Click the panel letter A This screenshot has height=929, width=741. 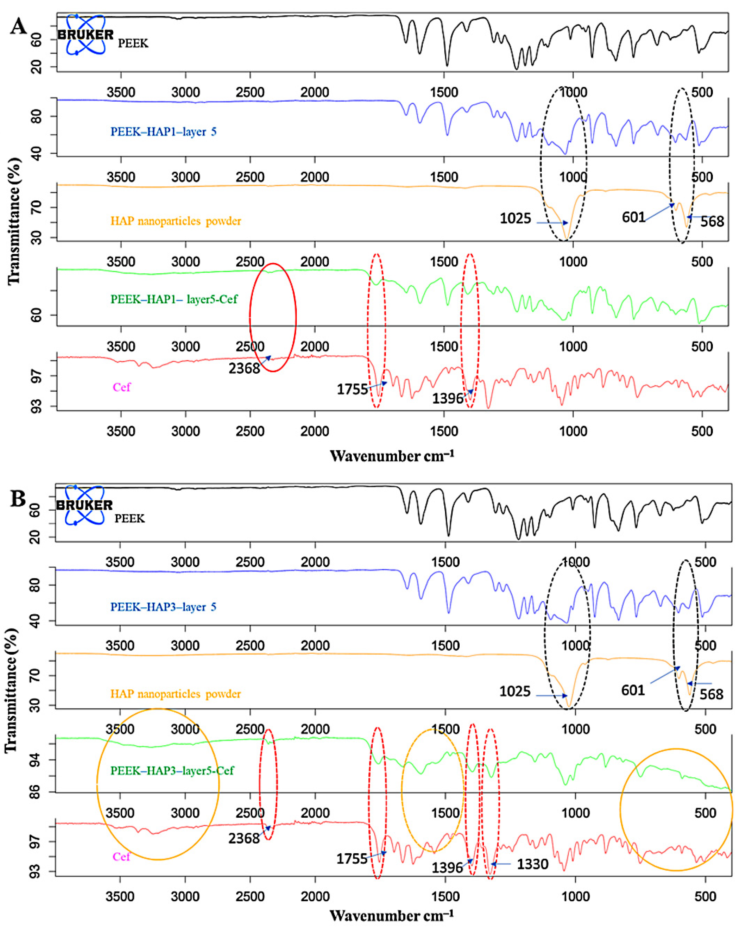pos(18,27)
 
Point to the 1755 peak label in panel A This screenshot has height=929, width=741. pos(352,389)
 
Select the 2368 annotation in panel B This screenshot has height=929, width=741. pos(244,838)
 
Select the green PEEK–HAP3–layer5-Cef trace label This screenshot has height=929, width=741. pos(172,771)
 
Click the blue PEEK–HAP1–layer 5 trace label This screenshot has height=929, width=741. pos(163,132)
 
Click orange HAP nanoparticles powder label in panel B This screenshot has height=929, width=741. pos(175,694)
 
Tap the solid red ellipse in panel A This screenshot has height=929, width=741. pos(273,317)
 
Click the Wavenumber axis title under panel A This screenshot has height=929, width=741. pos(392,456)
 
